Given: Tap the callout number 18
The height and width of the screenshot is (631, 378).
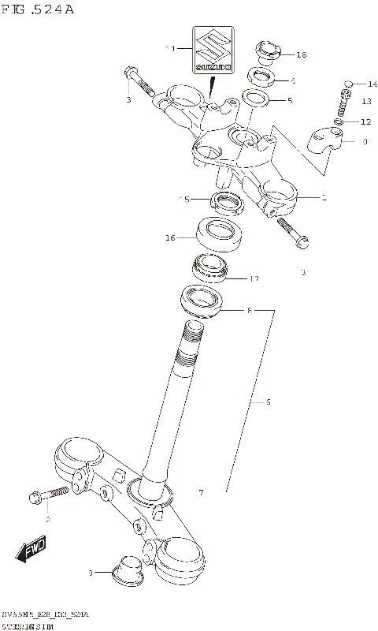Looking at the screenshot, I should [302, 54].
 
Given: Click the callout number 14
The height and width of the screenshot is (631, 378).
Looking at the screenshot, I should [372, 83].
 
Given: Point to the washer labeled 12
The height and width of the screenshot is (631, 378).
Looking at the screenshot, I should [339, 122].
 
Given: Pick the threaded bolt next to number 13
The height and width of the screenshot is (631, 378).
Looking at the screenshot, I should [343, 103].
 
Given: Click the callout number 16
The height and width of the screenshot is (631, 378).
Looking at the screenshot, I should [170, 236].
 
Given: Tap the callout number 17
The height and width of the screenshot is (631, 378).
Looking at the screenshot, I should [254, 278].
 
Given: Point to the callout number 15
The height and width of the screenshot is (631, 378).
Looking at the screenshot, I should [184, 200].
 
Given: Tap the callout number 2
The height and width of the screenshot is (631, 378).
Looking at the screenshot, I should [47, 520].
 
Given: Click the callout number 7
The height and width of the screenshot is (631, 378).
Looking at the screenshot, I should [201, 493].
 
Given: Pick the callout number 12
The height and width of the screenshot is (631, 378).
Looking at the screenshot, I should [365, 121].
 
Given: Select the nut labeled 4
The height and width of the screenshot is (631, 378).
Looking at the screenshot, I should [260, 78].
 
